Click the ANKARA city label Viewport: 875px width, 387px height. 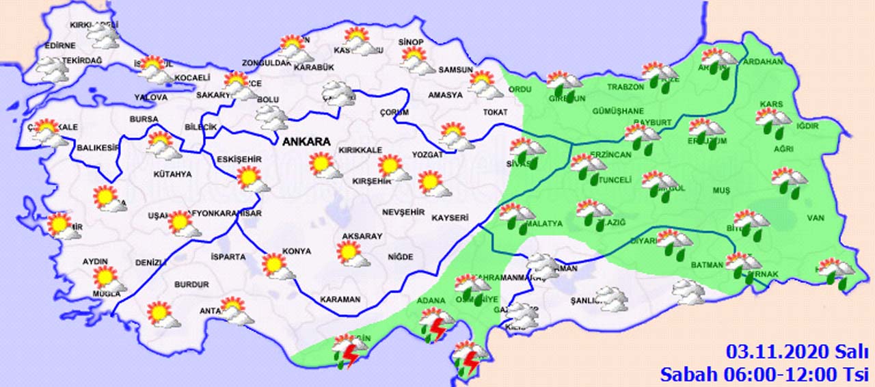[307, 142]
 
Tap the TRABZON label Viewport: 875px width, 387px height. [626, 87]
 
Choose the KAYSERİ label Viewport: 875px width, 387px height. [450, 218]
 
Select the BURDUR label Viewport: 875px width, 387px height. [191, 284]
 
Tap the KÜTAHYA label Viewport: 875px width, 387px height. [172, 174]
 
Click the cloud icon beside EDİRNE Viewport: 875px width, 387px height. [51, 69]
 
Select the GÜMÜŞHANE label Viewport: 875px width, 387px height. [619, 111]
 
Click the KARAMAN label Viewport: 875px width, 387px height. [340, 299]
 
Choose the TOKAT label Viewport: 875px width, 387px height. [476, 112]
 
